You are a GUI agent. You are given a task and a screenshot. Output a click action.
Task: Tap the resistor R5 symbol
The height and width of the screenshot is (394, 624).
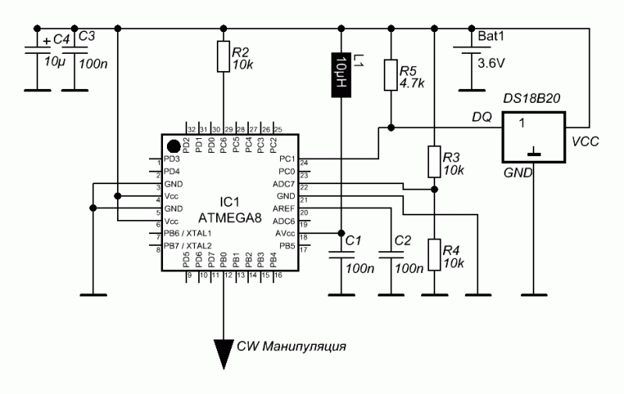click(390, 76)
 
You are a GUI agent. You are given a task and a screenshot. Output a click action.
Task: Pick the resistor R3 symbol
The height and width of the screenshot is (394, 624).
click(434, 163)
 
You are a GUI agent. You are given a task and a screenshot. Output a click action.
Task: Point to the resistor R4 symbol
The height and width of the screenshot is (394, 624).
click(434, 255)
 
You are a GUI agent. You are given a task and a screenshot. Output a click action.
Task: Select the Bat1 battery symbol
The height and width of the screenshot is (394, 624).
click(471, 52)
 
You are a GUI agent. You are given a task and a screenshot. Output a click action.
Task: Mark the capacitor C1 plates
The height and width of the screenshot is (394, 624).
click(340, 253)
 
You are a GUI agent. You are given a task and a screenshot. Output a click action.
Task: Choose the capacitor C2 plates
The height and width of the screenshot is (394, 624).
click(386, 253)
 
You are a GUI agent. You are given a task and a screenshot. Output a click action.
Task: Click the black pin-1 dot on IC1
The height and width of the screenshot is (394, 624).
click(172, 144)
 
